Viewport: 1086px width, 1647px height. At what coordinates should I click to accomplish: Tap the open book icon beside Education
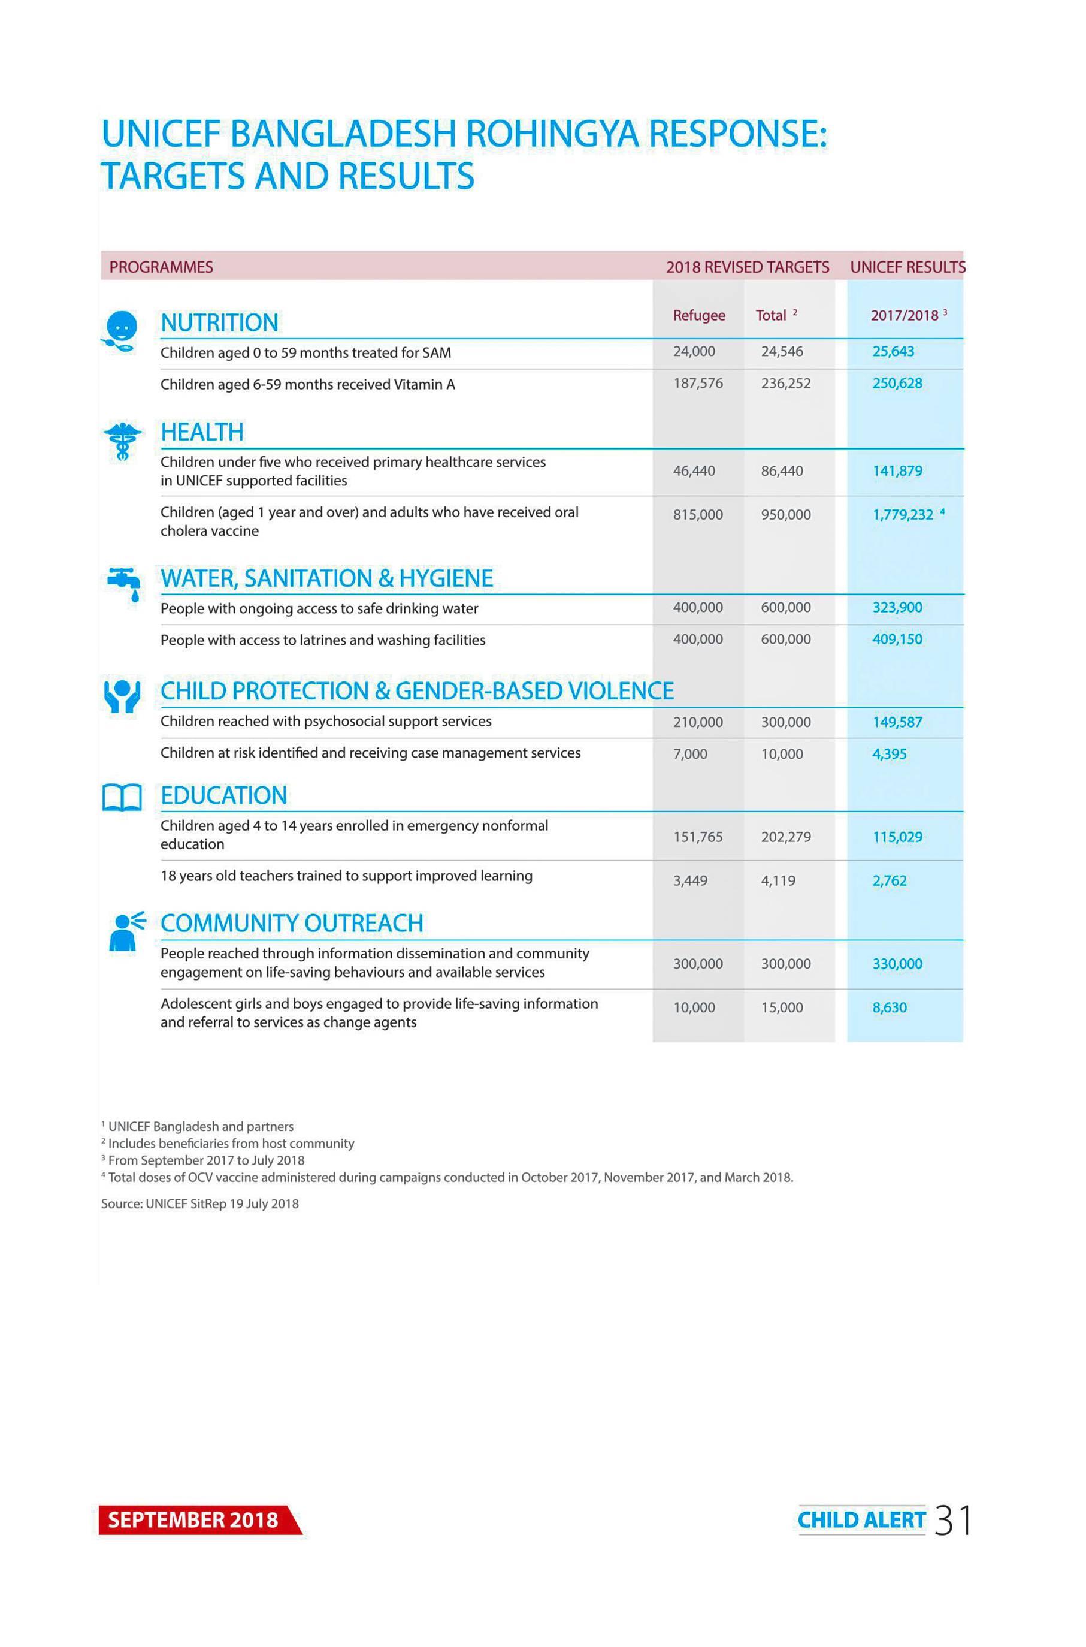(122, 798)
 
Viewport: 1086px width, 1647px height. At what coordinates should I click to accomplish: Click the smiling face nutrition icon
(120, 330)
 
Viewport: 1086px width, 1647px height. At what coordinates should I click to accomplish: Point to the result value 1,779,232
(903, 515)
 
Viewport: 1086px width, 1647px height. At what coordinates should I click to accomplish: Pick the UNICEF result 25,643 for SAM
(893, 351)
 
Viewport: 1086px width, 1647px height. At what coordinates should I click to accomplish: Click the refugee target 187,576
(697, 383)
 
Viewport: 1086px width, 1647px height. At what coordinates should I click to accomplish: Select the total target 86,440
(782, 471)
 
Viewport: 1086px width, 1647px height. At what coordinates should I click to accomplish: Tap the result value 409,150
(897, 639)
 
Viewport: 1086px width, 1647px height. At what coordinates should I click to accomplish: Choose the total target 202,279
(785, 837)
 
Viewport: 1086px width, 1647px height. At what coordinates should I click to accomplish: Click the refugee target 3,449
(690, 880)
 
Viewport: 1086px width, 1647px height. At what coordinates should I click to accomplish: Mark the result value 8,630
(890, 1007)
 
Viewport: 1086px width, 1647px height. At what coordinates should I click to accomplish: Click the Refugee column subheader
(699, 315)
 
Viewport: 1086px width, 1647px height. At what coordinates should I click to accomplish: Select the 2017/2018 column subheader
(904, 315)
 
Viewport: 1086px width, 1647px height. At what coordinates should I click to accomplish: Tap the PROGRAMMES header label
(161, 267)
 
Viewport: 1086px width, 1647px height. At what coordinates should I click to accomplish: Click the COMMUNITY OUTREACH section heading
(292, 923)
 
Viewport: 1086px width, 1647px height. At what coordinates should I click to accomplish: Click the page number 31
(952, 1519)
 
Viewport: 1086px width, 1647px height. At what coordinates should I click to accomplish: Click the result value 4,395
(890, 754)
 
